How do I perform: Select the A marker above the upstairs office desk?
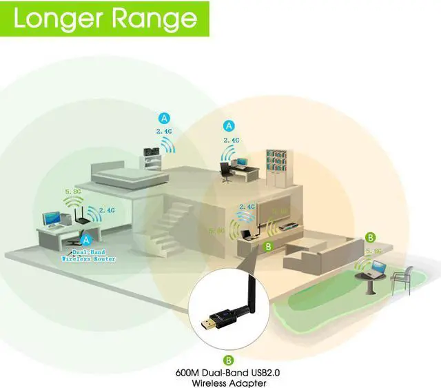229,125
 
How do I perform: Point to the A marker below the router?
87,239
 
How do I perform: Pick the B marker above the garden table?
371,238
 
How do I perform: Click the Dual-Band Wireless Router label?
89,255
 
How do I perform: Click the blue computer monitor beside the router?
52,221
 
